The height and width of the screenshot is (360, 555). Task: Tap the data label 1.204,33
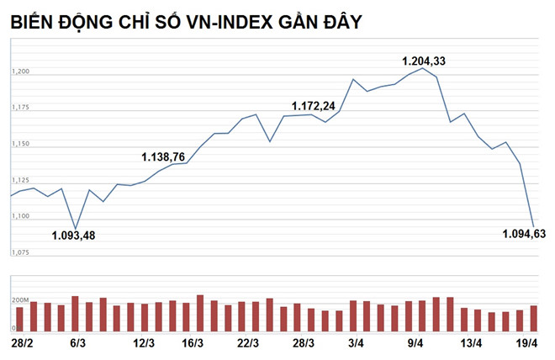click(x=425, y=61)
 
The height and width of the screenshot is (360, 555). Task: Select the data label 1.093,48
click(x=74, y=236)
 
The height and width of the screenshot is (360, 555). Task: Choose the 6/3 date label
click(x=79, y=343)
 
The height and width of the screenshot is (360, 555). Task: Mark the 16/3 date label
click(x=193, y=343)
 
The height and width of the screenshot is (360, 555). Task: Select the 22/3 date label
click(x=247, y=343)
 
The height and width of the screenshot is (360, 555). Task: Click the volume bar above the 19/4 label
click(x=533, y=318)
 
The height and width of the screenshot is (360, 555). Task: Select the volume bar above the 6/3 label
click(x=75, y=313)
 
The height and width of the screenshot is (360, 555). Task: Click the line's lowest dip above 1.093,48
click(x=76, y=228)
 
